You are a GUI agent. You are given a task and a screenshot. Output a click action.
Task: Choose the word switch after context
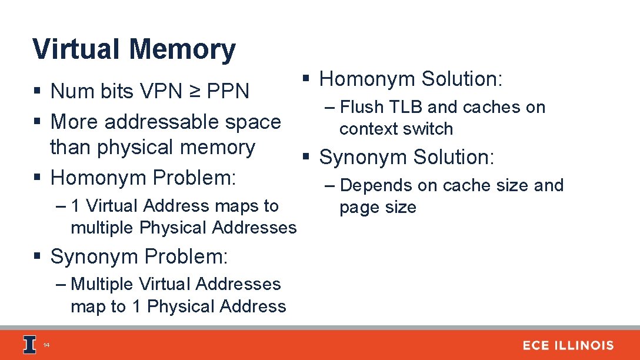(432, 129)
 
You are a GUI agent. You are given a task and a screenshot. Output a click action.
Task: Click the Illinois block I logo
(30, 345)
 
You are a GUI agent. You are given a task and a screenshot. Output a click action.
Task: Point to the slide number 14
(46, 346)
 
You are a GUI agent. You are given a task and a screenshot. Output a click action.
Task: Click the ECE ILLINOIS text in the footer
(568, 345)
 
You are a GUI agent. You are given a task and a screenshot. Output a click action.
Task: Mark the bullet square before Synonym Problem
(37, 256)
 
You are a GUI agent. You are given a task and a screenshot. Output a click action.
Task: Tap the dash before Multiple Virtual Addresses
(62, 284)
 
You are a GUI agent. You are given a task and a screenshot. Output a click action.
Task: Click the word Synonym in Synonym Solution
(364, 157)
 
